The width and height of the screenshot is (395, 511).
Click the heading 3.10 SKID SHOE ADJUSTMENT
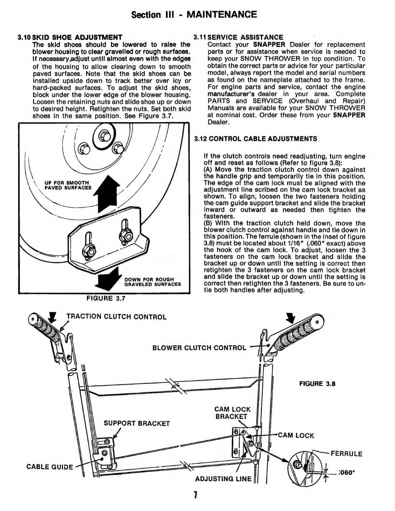70,37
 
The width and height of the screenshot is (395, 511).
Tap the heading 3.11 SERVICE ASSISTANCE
239,37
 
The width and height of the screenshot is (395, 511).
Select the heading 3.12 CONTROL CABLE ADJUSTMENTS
255,139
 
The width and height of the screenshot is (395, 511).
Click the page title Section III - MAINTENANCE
194,15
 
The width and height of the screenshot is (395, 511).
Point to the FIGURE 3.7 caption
106,298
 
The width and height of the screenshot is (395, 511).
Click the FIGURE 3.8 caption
317,383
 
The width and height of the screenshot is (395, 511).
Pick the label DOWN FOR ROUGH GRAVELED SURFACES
153,282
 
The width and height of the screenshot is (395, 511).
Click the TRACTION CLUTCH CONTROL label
116,317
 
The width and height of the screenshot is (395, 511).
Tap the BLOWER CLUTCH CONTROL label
200,347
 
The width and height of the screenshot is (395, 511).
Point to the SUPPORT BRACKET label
136,424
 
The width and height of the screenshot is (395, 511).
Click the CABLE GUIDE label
49,467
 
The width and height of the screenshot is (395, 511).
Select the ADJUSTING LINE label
223,479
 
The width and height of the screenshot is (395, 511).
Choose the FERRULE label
346,454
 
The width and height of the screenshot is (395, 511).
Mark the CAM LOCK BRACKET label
232,413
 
